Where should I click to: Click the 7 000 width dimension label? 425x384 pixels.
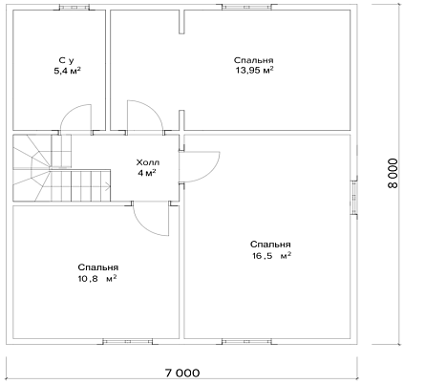point(182,373)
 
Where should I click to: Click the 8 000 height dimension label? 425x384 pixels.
point(393,174)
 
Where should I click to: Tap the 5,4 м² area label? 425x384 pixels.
point(67,71)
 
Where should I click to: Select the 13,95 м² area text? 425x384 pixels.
point(254,70)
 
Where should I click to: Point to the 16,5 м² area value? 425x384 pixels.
point(272,255)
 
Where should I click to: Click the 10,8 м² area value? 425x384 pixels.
point(97,278)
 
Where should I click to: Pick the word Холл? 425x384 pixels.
point(148,162)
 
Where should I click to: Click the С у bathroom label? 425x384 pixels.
point(67,60)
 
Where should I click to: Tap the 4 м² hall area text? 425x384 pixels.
point(147,173)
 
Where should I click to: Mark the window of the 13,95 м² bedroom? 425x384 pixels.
point(247,7)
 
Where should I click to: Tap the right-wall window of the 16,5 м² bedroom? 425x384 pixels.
point(354,197)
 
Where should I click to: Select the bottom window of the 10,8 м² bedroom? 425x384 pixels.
point(128,342)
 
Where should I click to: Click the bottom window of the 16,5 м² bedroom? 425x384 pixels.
point(247,342)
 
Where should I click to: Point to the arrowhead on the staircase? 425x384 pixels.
point(108,186)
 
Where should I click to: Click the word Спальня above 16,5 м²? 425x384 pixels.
point(270,245)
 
